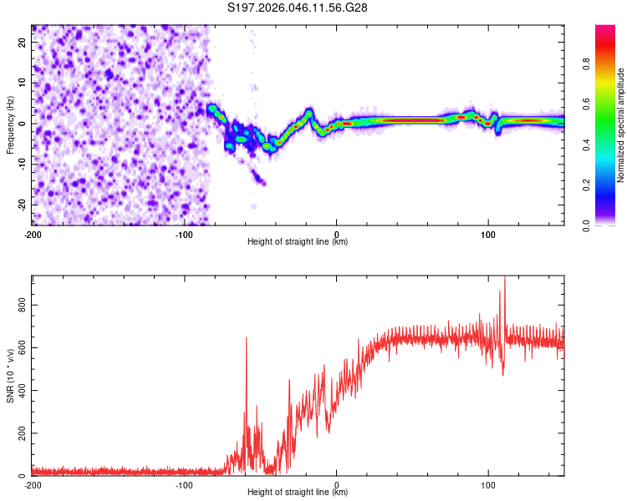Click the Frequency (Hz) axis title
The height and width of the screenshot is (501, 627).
tap(10, 124)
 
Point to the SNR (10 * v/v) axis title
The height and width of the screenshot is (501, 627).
tap(10, 375)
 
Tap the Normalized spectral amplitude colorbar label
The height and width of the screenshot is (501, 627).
tap(620, 124)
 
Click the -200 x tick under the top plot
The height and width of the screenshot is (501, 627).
tap(33, 234)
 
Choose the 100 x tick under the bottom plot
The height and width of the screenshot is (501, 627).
tap(488, 484)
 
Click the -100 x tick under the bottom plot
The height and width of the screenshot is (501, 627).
tap(184, 484)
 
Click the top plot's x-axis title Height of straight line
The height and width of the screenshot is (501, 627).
tap(298, 242)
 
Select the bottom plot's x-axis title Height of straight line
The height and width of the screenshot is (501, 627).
tap(298, 493)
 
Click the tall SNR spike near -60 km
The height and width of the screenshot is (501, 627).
tap(246, 338)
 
